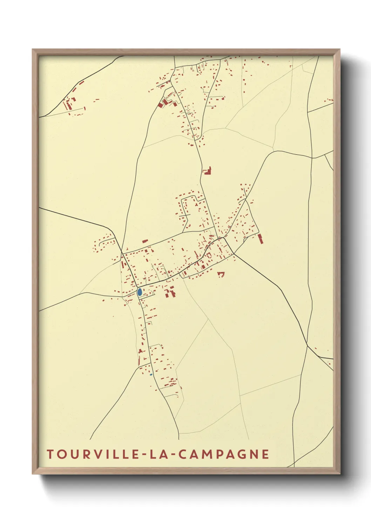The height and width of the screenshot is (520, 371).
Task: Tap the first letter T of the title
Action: tap(50, 454)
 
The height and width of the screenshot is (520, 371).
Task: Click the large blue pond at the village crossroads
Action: tap(140, 292)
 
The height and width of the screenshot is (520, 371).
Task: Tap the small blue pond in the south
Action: tap(151, 375)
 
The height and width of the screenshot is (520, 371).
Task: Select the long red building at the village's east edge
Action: tap(261, 239)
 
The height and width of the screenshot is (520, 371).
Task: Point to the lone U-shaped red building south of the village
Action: tap(221, 274)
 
